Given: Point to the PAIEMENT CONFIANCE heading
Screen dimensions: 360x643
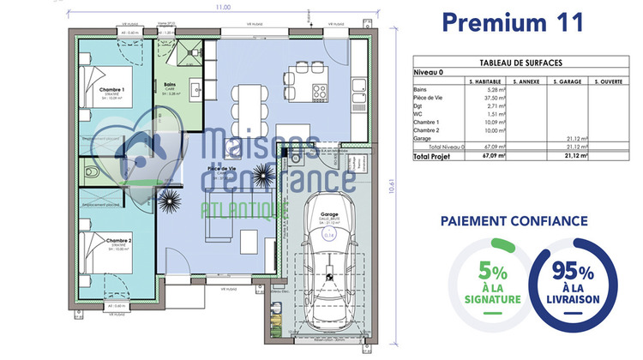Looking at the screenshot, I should pos(513,220).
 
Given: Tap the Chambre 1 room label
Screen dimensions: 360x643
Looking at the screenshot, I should pos(111,89).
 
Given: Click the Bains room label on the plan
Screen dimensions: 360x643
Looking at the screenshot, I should pos(170,84).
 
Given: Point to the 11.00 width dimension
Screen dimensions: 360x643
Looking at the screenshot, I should pos(223,7).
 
